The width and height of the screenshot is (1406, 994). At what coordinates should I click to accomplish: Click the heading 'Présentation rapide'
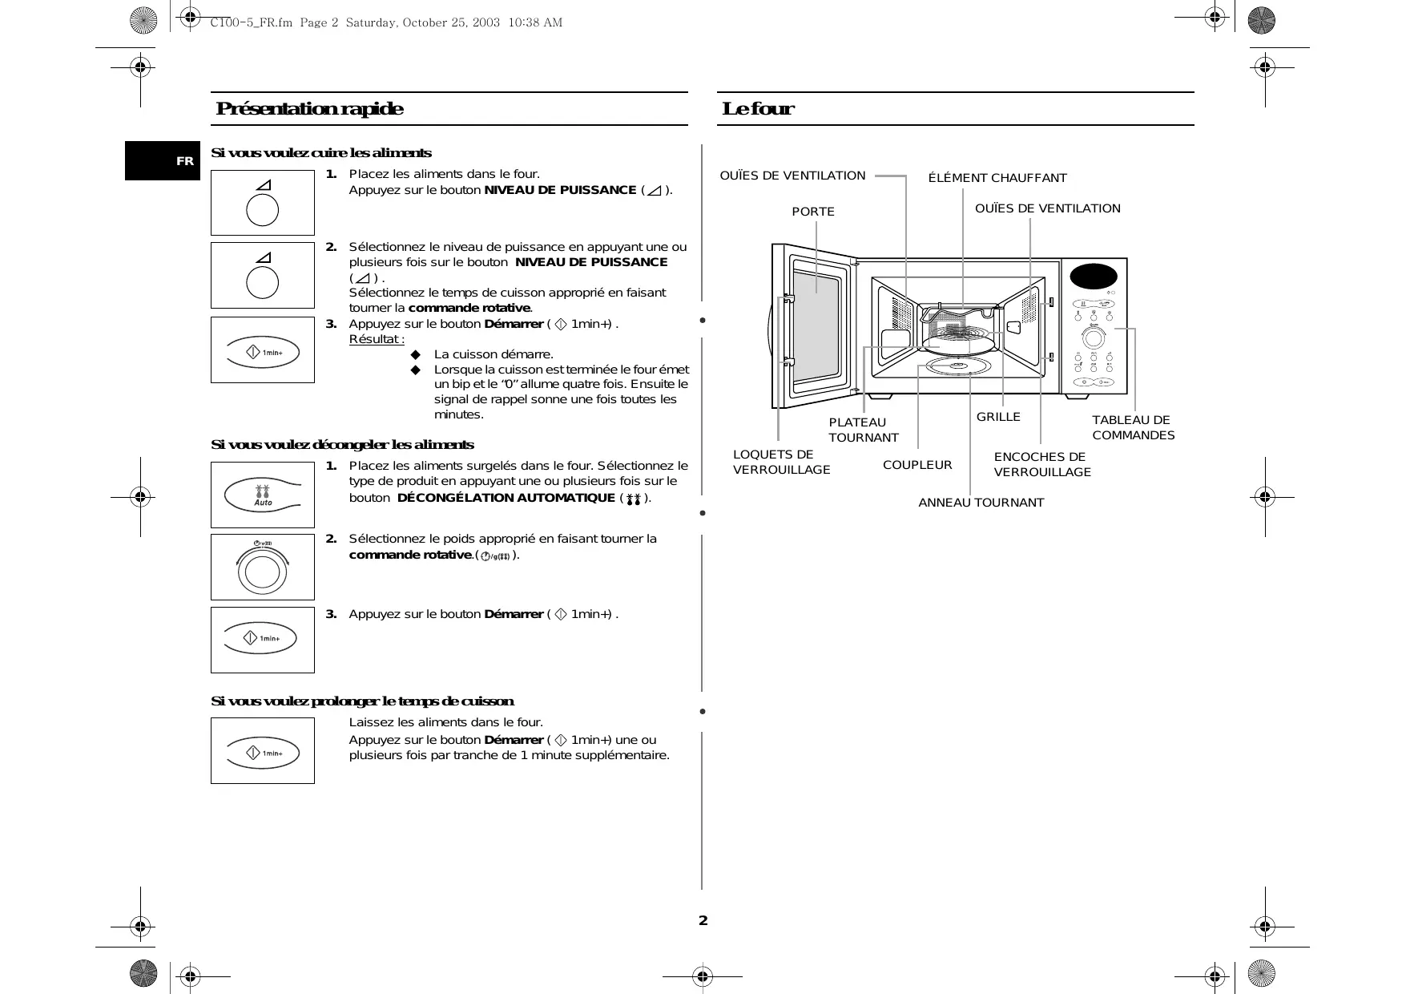309,109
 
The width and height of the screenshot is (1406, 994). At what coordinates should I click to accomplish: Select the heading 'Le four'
757,109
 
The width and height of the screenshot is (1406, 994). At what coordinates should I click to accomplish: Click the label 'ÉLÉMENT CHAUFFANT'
997,178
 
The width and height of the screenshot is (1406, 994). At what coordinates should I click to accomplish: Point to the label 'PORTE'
812,212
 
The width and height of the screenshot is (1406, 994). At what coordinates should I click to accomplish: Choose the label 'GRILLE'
997,417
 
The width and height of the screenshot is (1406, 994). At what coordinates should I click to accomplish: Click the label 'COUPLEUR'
917,465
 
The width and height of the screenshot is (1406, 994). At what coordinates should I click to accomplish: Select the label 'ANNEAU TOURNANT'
981,503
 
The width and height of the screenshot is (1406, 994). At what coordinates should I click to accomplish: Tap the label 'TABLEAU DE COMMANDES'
1132,427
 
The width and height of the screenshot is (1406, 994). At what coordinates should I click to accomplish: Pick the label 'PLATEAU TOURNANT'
863,430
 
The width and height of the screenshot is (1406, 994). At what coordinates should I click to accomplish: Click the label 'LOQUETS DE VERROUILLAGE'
781,462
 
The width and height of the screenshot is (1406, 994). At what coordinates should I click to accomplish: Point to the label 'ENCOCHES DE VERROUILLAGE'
1041,464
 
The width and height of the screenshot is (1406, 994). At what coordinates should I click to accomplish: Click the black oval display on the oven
1093,277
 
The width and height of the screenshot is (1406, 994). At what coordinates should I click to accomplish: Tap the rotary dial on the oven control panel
1094,337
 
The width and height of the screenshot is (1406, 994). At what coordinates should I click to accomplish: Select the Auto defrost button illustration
263,495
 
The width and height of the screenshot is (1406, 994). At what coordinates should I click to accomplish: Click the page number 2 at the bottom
703,920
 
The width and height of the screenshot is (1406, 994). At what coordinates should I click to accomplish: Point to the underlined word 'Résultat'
376,339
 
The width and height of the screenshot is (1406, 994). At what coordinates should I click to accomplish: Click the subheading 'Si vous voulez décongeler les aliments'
342,445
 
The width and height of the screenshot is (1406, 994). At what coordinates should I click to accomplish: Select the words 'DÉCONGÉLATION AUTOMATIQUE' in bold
506,498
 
